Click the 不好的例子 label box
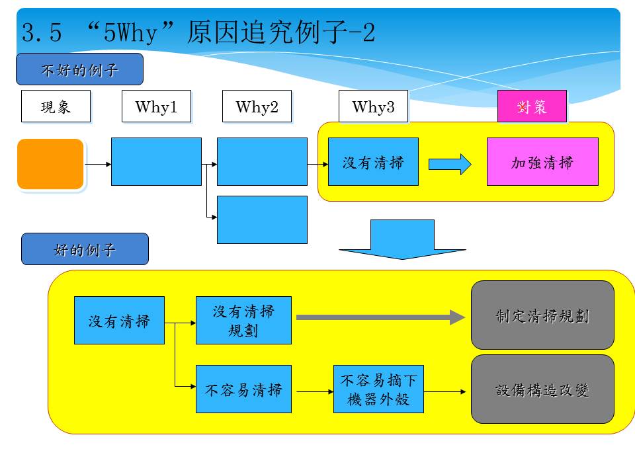pyautogui.click(x=80, y=69)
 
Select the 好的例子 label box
pyautogui.click(x=85, y=249)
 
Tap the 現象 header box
pyautogui.click(x=56, y=106)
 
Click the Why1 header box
pyautogui.click(x=156, y=106)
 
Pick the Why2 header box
pyautogui.click(x=257, y=106)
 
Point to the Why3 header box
pyautogui.click(x=373, y=106)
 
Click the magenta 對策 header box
pyautogui.click(x=532, y=106)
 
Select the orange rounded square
pyautogui.click(x=50, y=164)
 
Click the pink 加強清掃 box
pyautogui.click(x=542, y=161)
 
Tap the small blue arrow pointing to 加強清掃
pyautogui.click(x=450, y=165)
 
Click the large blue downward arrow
pyautogui.click(x=402, y=239)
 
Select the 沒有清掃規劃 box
pyautogui.click(x=243, y=320)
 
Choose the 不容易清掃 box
pyautogui.click(x=243, y=389)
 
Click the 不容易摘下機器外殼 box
pyautogui.click(x=378, y=389)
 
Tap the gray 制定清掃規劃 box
pyautogui.click(x=542, y=315)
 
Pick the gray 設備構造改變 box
pyautogui.click(x=542, y=389)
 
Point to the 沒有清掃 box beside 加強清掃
pyautogui.click(x=373, y=161)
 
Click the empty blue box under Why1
pyautogui.click(x=156, y=161)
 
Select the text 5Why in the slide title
pyautogui.click(x=130, y=32)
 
